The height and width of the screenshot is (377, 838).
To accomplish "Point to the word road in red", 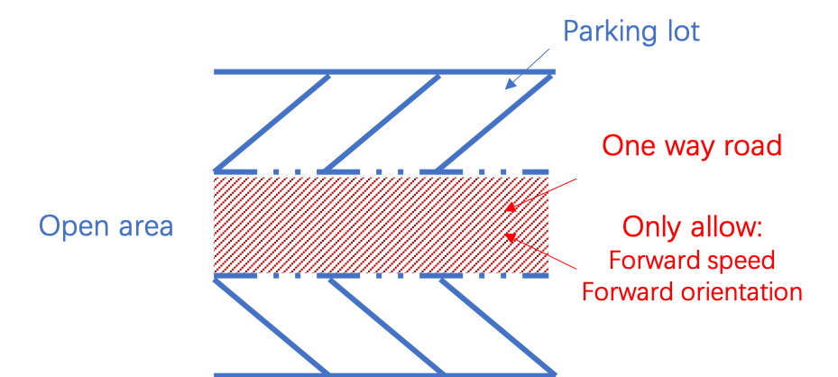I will [x=751, y=146].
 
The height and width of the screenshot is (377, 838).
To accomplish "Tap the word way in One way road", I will [x=689, y=146].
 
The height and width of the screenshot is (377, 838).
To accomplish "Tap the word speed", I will [x=743, y=261].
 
